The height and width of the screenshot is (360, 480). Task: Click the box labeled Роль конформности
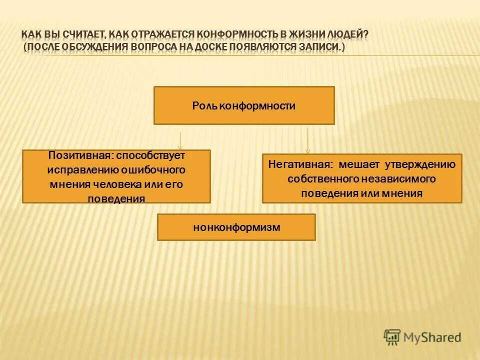[x=243, y=105]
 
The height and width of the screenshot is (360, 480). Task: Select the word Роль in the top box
[x=203, y=106]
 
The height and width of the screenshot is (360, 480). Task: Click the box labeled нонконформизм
[x=236, y=227]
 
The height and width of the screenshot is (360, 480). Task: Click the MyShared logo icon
[x=392, y=337]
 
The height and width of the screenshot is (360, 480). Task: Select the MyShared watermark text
[x=432, y=337]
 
